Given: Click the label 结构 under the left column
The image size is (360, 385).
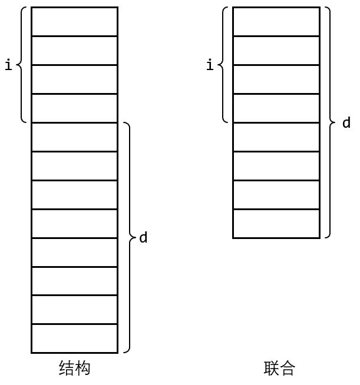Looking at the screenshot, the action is tap(75, 369).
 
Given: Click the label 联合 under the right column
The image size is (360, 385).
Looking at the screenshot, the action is tap(279, 369).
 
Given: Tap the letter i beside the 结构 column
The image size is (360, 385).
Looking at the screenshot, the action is tap(8, 65).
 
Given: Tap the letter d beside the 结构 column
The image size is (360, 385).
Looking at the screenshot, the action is tap(143, 238).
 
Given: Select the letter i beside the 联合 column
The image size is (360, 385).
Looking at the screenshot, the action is tap(210, 65).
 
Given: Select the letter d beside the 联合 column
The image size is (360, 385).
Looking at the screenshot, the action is tap(346, 123).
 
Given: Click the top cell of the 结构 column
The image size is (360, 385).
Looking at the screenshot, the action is tap(74, 22).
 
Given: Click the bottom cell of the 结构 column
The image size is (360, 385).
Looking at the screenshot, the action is tap(74, 338).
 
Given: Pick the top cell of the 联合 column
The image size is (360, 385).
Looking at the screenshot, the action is tap(276, 22).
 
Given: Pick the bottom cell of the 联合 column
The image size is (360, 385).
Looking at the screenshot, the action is tap(276, 224).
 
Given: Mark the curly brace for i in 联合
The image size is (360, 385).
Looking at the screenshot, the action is tap(224, 65).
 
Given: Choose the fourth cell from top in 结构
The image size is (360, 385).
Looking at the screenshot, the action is tap(74, 108).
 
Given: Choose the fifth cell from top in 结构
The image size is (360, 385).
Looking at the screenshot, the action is tap(74, 137).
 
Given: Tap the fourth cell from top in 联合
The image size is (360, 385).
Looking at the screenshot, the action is tap(276, 108).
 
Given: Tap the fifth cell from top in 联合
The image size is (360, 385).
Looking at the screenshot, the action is tap(276, 137).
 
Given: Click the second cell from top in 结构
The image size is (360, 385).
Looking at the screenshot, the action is tap(74, 51).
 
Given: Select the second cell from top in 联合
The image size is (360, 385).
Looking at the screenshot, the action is tap(276, 51).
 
